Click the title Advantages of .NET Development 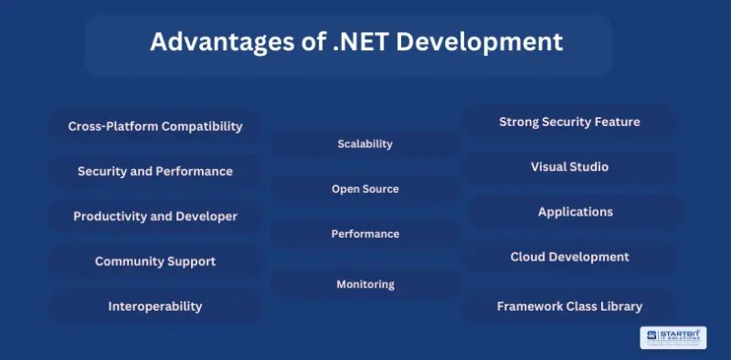pyautogui.click(x=356, y=43)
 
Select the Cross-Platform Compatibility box pyautogui.click(x=155, y=126)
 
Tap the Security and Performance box pyautogui.click(x=155, y=171)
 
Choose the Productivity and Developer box pyautogui.click(x=155, y=217)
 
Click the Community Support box pyautogui.click(x=155, y=261)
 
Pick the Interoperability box pyautogui.click(x=155, y=306)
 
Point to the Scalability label pyautogui.click(x=365, y=143)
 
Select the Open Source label pyautogui.click(x=365, y=189)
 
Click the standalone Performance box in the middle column pyautogui.click(x=365, y=234)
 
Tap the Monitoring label pyautogui.click(x=365, y=284)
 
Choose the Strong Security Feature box pyautogui.click(x=569, y=122)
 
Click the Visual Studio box pyautogui.click(x=569, y=167)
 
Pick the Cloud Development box pyautogui.click(x=569, y=257)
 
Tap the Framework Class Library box pyautogui.click(x=569, y=306)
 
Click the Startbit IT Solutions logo pyautogui.click(x=673, y=338)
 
